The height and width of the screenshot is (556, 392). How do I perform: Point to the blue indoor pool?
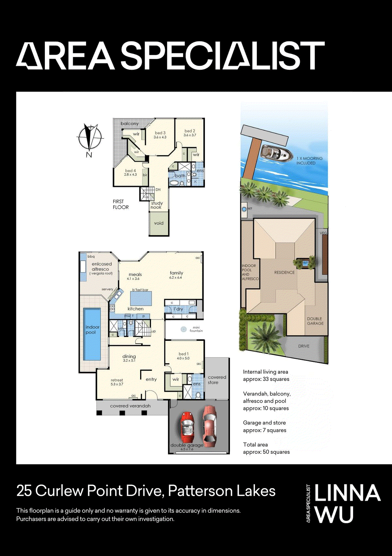[92, 334]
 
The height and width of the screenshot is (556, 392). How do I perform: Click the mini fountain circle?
[184, 329]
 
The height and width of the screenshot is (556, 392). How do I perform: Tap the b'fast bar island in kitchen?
[141, 298]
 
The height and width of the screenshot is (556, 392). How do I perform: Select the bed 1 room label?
[183, 354]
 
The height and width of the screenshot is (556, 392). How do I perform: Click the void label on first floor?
[159, 223]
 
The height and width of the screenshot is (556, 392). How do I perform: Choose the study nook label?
[156, 205]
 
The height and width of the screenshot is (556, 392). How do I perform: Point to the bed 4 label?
[130, 171]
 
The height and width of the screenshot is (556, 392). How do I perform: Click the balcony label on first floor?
[130, 123]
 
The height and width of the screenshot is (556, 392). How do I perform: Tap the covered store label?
[217, 380]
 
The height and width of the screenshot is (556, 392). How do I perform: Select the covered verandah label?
[130, 406]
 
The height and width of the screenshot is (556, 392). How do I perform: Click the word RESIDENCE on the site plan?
[284, 272]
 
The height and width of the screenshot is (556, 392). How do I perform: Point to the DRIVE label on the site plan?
[303, 346]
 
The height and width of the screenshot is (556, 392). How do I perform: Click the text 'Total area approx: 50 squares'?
[266, 448]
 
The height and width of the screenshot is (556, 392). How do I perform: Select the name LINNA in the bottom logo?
[348, 493]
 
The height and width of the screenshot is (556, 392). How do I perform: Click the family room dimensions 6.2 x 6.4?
[175, 278]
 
